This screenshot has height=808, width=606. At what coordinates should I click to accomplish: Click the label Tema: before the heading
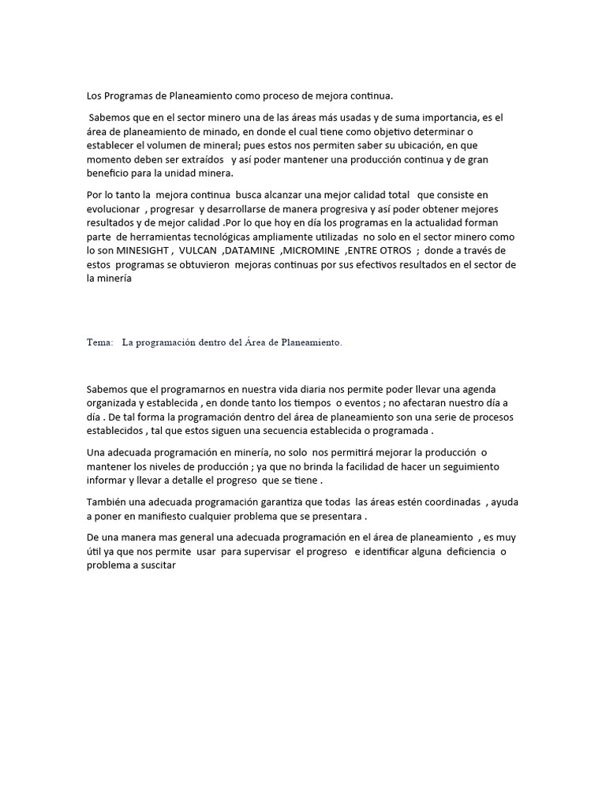pos(99,343)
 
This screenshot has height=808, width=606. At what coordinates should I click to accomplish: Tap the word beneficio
pos(109,174)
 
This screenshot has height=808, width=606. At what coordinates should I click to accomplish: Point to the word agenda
pos(496,391)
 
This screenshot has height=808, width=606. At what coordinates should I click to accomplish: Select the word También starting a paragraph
pos(107,502)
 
